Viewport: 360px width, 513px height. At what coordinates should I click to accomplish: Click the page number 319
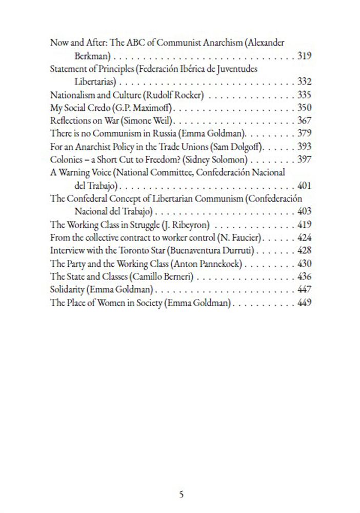tap(305, 55)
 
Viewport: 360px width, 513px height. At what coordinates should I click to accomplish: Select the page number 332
tap(305, 82)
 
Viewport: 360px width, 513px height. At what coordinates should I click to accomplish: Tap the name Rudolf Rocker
tap(175, 95)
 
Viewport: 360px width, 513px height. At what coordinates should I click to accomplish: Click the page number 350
tap(305, 108)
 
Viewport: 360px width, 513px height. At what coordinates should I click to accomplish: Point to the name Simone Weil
tap(156, 121)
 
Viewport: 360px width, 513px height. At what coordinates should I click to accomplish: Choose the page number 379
tap(305, 134)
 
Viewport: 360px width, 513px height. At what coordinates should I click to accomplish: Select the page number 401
tap(305, 186)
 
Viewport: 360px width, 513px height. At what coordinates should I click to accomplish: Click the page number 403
tap(305, 212)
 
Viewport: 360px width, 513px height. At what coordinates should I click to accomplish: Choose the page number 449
tap(305, 303)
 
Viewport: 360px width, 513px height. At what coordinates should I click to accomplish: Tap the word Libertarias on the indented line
tap(95, 82)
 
